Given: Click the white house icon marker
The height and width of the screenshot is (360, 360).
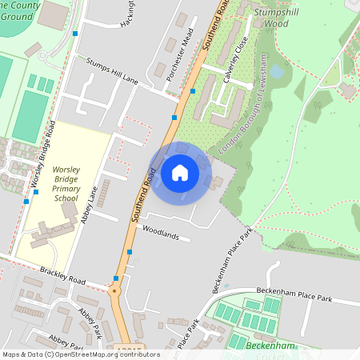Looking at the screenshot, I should click(180, 172).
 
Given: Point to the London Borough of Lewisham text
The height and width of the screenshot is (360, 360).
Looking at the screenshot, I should click(240, 124).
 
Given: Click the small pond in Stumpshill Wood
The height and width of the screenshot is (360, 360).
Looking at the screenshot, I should click(277, 71).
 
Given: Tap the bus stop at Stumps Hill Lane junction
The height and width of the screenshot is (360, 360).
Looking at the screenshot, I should click(193, 91).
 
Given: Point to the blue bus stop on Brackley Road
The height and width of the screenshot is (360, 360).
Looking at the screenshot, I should click(116, 278).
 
